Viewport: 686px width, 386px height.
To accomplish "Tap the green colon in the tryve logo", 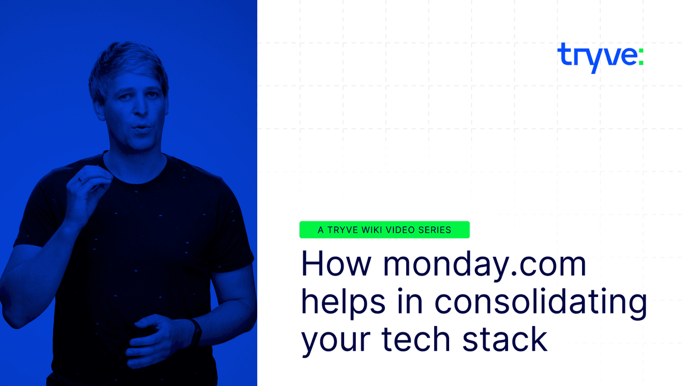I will tap(640, 56).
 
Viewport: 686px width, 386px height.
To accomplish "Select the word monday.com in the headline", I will tap(484, 264).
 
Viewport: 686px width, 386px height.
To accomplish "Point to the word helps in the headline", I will tap(343, 301).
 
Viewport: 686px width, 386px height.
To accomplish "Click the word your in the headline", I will tap(335, 341).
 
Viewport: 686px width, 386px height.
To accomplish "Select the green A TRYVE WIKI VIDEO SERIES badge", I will tap(384, 230).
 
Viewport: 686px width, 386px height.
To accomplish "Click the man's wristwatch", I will tap(195, 332).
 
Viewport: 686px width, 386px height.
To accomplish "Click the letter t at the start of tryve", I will tap(563, 55).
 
